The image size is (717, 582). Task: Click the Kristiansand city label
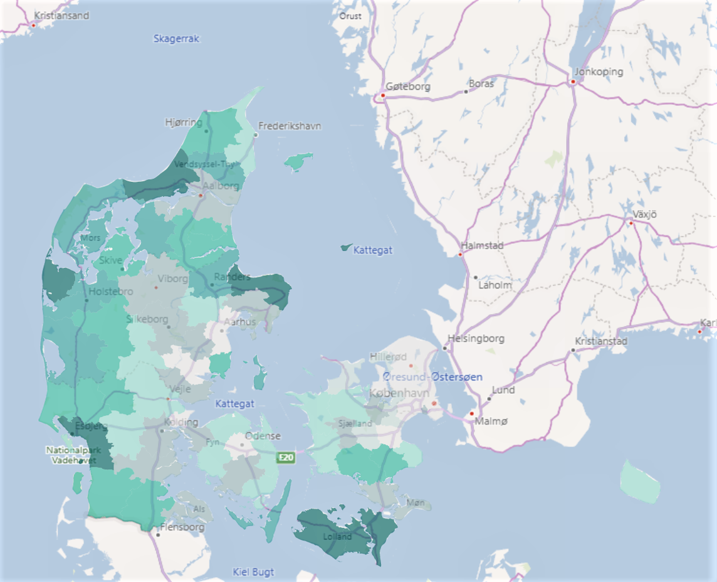coord(61,16)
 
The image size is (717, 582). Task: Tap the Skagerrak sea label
coord(176,39)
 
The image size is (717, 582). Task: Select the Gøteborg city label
coord(408,87)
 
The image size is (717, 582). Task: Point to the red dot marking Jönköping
coord(573,82)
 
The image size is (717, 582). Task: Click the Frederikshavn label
coord(290,126)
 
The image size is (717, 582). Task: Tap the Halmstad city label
coord(482,246)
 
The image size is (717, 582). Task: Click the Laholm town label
coord(495,285)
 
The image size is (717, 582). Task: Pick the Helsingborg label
coord(476,339)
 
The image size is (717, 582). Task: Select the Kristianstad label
coord(601,342)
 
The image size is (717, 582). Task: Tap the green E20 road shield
coord(286,458)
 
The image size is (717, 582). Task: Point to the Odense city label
coord(263,436)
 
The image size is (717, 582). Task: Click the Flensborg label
coord(182,527)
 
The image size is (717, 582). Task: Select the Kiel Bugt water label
coord(253,572)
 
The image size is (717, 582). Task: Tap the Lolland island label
coord(338,537)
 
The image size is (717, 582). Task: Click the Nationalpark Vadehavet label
coord(69,455)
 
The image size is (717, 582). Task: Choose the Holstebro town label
coord(111,292)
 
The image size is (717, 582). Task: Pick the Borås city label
coord(481,83)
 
